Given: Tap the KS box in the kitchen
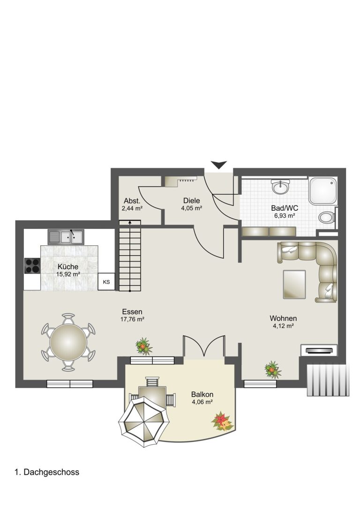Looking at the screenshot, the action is click(106, 282).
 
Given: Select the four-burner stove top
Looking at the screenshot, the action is click(32, 266).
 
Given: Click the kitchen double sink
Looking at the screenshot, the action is click(66, 237).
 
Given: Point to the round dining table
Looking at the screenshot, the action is click(68, 342).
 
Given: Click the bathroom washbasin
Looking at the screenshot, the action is click(280, 187).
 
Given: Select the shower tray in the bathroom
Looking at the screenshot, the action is click(322, 191).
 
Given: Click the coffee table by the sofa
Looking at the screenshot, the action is click(294, 284).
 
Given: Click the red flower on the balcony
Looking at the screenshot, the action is click(222, 421).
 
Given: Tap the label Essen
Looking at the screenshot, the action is click(132, 312).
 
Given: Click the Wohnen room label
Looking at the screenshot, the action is click(283, 318).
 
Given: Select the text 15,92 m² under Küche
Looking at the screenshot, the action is click(68, 274).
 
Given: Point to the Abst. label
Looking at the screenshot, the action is click(132, 201).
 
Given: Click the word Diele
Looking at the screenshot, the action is click(191, 200).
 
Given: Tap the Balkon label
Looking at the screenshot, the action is click(202, 395).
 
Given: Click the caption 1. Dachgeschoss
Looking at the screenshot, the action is click(47, 472).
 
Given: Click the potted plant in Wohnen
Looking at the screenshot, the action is click(272, 369).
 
